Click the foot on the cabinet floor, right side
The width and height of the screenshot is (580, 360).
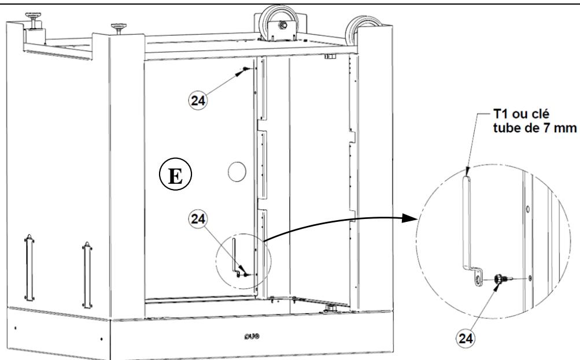(x=331, y=307)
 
